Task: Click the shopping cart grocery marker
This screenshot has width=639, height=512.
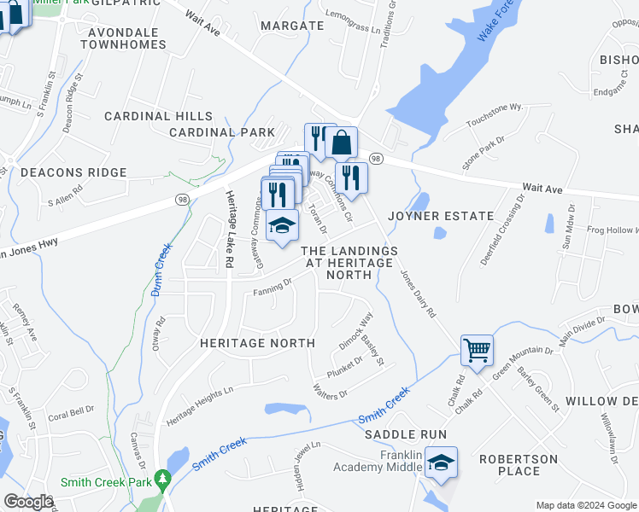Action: point(477,350)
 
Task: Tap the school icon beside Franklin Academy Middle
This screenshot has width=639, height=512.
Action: point(441,463)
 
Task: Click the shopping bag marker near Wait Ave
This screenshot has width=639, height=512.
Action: point(341,143)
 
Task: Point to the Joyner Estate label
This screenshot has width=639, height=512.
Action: point(442,216)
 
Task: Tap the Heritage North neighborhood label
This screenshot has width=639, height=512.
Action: point(257,343)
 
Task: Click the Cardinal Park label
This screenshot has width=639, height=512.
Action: point(222,132)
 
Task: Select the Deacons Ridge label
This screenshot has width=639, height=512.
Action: point(73,172)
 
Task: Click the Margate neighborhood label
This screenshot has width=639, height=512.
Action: point(292,26)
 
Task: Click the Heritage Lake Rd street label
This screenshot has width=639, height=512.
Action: point(229,225)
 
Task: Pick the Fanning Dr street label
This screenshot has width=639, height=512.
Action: point(273,294)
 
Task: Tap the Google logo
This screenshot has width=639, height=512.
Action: point(28,502)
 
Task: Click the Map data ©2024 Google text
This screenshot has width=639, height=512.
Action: point(585,505)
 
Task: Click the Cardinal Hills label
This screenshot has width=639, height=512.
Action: point(158,116)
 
